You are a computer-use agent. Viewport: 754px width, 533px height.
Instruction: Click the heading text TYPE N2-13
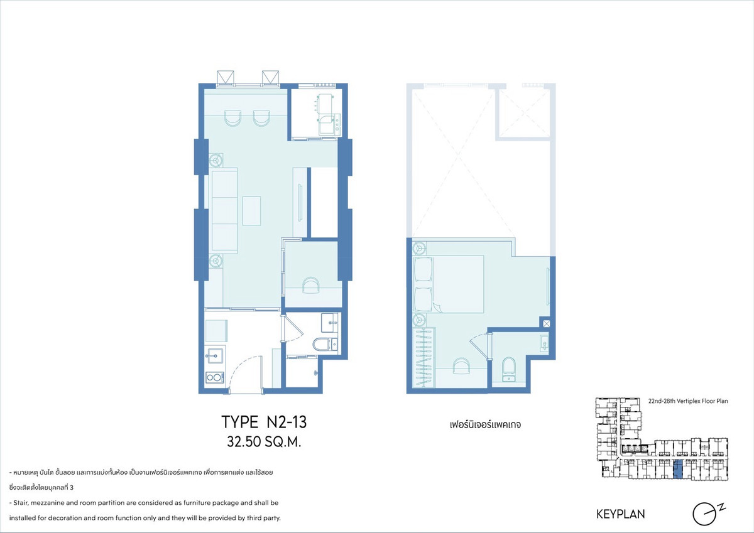[264, 422]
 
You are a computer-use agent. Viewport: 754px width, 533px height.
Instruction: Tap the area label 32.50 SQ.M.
[264, 442]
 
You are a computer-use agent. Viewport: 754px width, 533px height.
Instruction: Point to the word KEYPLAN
[621, 514]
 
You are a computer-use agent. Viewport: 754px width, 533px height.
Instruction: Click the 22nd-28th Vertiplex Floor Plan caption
[688, 401]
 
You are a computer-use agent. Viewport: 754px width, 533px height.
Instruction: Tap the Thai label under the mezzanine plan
[485, 425]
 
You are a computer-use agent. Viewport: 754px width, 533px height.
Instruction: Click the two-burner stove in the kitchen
[215, 377]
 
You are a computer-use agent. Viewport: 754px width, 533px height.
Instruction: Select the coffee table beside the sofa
[251, 211]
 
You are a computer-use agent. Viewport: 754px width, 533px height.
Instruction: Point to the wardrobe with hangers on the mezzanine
[423, 357]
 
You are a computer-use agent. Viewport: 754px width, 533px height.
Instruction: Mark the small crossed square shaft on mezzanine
[546, 324]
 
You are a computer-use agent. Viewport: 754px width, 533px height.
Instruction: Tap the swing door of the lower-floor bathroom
[293, 329]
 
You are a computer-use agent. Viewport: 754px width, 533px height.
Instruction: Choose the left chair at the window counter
[232, 118]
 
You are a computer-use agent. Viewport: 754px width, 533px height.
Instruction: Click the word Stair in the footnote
[20, 503]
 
